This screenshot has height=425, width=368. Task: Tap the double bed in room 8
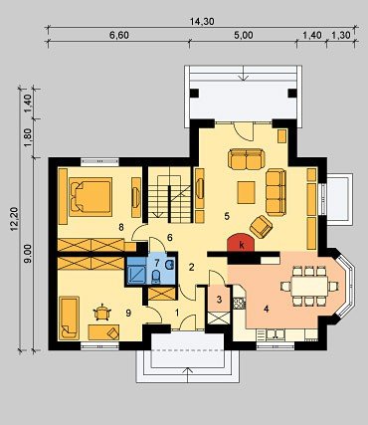click(91, 196)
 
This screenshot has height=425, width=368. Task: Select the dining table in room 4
click(309, 286)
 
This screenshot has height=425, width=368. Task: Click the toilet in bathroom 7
click(155, 277)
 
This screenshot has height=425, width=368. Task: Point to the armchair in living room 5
click(261, 227)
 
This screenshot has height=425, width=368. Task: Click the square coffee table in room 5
click(247, 192)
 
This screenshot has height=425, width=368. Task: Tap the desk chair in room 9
click(102, 313)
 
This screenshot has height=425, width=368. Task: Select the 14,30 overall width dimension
click(202, 22)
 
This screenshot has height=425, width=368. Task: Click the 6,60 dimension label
click(119, 35)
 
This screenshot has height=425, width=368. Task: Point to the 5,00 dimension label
click(244, 35)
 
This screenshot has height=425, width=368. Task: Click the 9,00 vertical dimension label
click(29, 254)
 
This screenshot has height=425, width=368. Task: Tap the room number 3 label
click(219, 300)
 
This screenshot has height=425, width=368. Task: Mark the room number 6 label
click(170, 237)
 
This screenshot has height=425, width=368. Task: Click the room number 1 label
click(177, 313)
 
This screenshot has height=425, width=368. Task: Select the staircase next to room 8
click(170, 195)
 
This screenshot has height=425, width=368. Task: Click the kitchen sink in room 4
click(275, 334)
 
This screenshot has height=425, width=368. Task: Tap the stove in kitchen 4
click(239, 303)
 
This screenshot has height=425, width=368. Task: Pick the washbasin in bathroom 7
click(169, 265)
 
